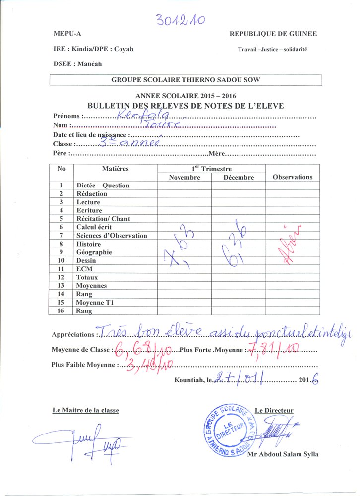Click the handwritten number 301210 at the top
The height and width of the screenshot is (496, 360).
coord(180,20)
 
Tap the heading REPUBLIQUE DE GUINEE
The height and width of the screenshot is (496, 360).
coord(273,34)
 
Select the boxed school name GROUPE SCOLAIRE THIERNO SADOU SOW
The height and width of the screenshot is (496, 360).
coord(185,80)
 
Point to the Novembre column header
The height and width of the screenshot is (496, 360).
coord(184,177)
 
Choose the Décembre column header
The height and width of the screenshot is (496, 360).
coord(239,177)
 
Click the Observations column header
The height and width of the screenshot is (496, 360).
coord(293,177)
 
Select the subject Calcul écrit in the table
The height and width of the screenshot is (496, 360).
coord(97,227)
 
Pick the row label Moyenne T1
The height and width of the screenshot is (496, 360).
coord(96,303)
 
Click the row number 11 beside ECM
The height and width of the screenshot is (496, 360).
coord(61,269)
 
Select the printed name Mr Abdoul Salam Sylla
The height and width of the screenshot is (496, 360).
coord(283,455)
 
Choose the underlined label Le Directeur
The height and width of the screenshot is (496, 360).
coord(274,410)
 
